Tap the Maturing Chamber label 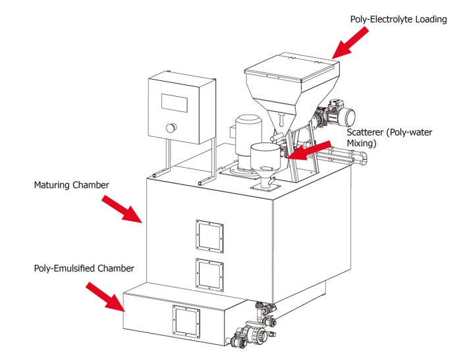point(71,185)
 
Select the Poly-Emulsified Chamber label point(84,269)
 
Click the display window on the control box point(176,101)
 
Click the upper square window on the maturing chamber point(209,236)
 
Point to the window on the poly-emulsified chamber point(185,321)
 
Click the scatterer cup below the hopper point(265,158)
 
